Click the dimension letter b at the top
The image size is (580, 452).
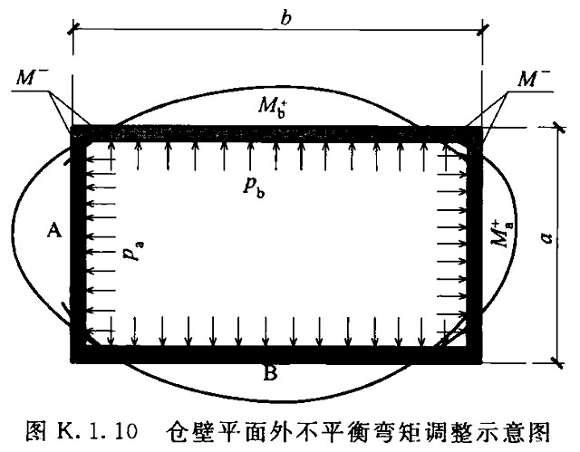tap(286, 17)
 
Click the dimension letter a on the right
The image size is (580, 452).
tap(546, 237)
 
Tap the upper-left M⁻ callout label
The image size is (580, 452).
tap(31, 77)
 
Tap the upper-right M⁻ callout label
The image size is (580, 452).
tap(533, 78)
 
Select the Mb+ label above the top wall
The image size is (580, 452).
tap(273, 107)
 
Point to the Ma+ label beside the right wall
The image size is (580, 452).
tap(502, 234)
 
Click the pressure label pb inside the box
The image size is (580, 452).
tap(254, 188)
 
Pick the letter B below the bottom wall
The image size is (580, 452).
tap(270, 374)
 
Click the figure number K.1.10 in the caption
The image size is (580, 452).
tap(97, 432)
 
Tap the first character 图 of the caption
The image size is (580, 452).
tap(36, 431)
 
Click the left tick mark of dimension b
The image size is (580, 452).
tap(72, 29)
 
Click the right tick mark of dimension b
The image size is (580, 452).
tap(482, 30)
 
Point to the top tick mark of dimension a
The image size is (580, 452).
tap(558, 128)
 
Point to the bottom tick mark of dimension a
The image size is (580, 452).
tap(557, 362)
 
